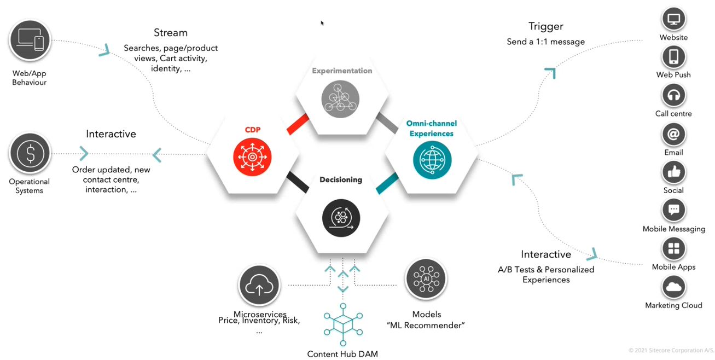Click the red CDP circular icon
(x=252, y=156)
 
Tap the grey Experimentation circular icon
(x=341, y=98)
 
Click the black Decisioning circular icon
(x=341, y=217)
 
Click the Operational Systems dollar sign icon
(x=31, y=154)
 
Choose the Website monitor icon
(x=673, y=19)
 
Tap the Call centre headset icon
(x=673, y=95)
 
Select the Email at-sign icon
(x=673, y=134)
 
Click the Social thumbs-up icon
(x=673, y=172)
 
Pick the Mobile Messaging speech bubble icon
(x=673, y=210)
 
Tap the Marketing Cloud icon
(x=673, y=287)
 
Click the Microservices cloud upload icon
(x=259, y=286)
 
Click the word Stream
(x=171, y=33)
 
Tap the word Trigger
(x=545, y=26)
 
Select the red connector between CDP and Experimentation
(x=299, y=124)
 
